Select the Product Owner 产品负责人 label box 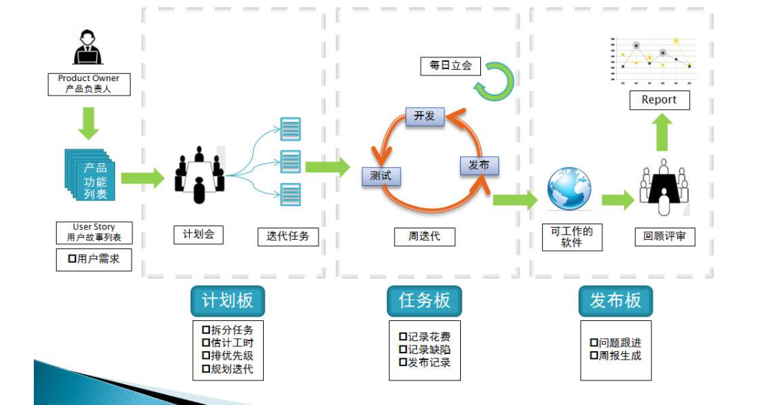[88, 84]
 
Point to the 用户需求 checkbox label [93, 259]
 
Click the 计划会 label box [198, 234]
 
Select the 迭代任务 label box [288, 236]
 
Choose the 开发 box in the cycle [425, 116]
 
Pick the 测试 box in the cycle [380, 175]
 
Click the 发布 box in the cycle [479, 165]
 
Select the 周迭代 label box [424, 236]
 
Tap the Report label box [659, 100]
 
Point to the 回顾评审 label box [665, 236]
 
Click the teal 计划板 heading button [227, 301]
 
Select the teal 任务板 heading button [424, 301]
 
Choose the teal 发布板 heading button [615, 301]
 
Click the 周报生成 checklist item [615, 355]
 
